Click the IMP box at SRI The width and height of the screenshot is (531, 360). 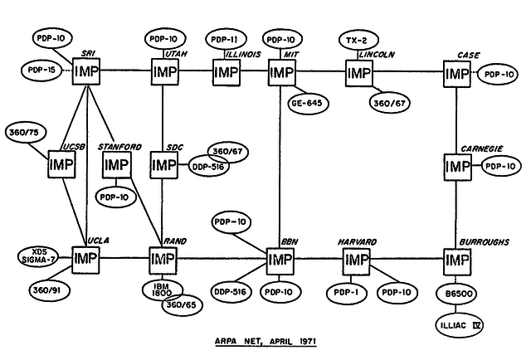87,72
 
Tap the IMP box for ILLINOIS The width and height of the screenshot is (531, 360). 227,72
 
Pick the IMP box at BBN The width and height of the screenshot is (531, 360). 280,260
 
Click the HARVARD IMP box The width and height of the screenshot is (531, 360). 357,260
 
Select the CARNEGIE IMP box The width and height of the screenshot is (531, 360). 456,166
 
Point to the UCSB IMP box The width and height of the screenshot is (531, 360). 62,166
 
